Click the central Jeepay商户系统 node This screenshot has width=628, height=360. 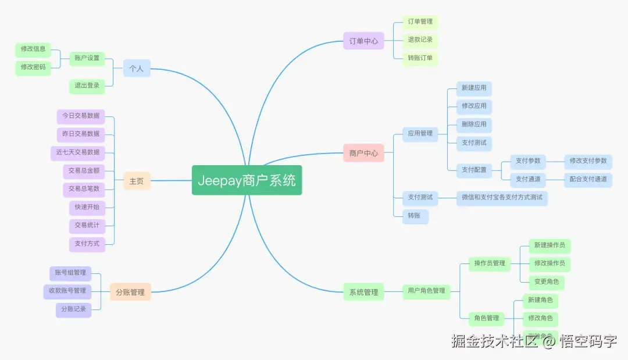pyautogui.click(x=247, y=180)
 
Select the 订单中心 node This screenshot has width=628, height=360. pyautogui.click(x=363, y=41)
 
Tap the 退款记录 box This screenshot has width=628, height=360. pyautogui.click(x=420, y=40)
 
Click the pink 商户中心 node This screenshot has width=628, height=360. pyautogui.click(x=363, y=153)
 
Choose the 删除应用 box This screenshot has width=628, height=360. pyautogui.click(x=474, y=124)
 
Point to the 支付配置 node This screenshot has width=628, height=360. pyautogui.click(x=474, y=170)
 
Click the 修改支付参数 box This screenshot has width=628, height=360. pyautogui.click(x=588, y=161)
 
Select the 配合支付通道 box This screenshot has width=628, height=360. pyautogui.click(x=588, y=179)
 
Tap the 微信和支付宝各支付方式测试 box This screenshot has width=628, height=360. pyautogui.click(x=502, y=197)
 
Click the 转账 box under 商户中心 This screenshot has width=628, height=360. pyautogui.click(x=415, y=216)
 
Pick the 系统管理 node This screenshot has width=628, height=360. pyautogui.click(x=363, y=292)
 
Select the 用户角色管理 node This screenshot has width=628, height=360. pyautogui.click(x=426, y=290)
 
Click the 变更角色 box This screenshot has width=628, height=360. pyautogui.click(x=546, y=281)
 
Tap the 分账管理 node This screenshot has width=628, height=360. pyautogui.click(x=130, y=292)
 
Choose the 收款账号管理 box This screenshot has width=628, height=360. pyautogui.click(x=67, y=291)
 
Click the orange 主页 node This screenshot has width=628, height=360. pyautogui.click(x=137, y=181)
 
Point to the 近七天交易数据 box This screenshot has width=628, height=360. pyautogui.click(x=77, y=152)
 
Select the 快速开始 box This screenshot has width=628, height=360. pyautogui.click(x=87, y=207)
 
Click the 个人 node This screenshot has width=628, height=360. pyautogui.click(x=137, y=68)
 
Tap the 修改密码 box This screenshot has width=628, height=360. pyautogui.click(x=33, y=67)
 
